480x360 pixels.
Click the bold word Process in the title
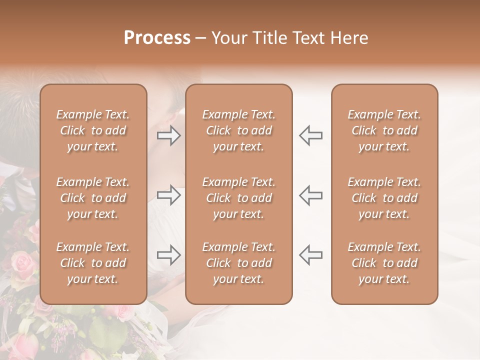[x=157, y=38]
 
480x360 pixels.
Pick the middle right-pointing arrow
[x=169, y=195]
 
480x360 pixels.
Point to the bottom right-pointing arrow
[x=169, y=255]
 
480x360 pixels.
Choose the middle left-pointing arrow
[x=311, y=195]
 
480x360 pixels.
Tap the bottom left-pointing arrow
[x=311, y=255]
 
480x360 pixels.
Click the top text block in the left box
[x=93, y=130]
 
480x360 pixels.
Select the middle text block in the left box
[x=93, y=198]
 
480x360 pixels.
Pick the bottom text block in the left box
[x=93, y=263]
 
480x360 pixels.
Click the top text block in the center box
[x=239, y=130]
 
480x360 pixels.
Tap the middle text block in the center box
[x=239, y=198]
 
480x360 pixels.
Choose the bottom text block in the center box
[x=239, y=263]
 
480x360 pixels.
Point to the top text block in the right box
[x=384, y=130]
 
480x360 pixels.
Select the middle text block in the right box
[x=384, y=198]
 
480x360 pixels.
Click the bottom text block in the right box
[x=384, y=263]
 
